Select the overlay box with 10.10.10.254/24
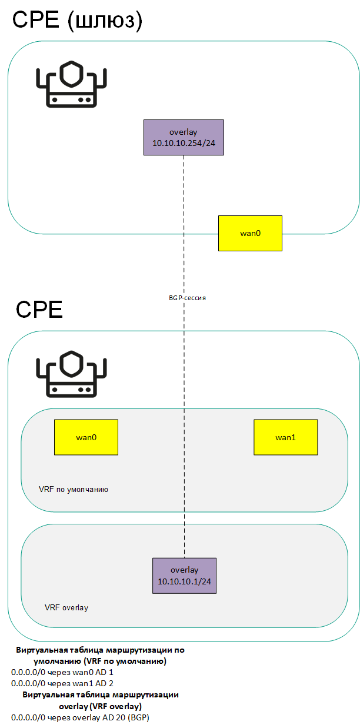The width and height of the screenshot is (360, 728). [184, 137]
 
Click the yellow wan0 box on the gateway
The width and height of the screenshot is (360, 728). [250, 233]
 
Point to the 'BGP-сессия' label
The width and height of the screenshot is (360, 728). [187, 298]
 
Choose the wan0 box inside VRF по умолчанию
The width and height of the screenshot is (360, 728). [86, 437]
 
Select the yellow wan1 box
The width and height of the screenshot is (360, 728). [285, 437]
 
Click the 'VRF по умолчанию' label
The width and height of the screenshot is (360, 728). [73, 489]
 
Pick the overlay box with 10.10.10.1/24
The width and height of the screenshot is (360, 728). [184, 576]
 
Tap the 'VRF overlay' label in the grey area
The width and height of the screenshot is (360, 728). [66, 607]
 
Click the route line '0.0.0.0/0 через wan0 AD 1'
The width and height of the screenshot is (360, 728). [62, 672]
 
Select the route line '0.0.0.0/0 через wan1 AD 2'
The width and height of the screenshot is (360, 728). [62, 683]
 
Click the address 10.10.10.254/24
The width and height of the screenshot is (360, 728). [184, 144]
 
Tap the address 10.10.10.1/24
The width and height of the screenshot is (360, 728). [184, 581]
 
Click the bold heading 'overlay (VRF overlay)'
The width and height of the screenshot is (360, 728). [101, 706]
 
